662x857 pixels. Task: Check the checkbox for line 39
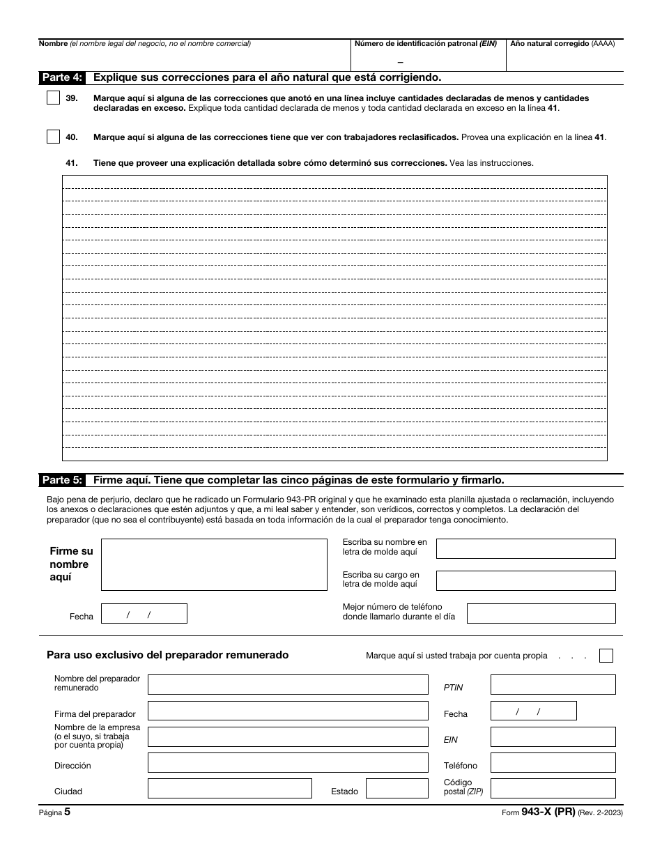pos(53,98)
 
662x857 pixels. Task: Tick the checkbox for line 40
pos(53,137)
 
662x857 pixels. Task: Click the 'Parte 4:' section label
pos(63,77)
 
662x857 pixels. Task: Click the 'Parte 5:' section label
pos(63,480)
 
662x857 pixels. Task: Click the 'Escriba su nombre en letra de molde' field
pos(525,548)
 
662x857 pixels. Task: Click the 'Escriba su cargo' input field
pos(525,580)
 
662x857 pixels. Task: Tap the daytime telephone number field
pos(541,613)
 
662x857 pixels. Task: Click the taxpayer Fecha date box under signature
pos(144,614)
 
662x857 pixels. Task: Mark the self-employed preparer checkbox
pos(606,656)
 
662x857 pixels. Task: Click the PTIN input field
pos(553,685)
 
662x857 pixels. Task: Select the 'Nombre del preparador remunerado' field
pos(288,685)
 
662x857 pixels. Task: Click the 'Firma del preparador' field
pos(288,711)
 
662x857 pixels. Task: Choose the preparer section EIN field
pos(553,737)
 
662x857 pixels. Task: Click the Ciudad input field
pos(229,789)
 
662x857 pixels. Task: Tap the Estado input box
pos(397,789)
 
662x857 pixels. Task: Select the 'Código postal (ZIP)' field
pos(553,789)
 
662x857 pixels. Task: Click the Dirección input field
pos(288,763)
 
